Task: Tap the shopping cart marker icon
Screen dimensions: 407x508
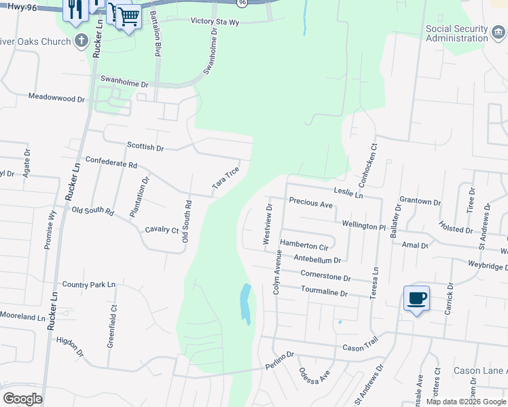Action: click(128, 16)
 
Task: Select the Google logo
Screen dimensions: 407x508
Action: click(22, 399)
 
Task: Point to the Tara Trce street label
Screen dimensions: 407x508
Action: click(225, 178)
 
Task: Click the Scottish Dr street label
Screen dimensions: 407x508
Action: click(145, 147)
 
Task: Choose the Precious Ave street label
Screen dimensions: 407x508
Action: click(310, 203)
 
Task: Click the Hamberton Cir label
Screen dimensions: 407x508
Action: click(304, 245)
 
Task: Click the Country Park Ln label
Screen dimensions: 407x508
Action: click(89, 284)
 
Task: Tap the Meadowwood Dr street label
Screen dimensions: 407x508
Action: click(56, 98)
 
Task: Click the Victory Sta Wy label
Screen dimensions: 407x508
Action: click(215, 21)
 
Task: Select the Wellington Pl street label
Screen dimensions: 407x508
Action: click(363, 225)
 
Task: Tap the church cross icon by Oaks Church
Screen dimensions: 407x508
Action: click(80, 41)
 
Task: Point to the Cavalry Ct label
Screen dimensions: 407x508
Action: click(162, 230)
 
